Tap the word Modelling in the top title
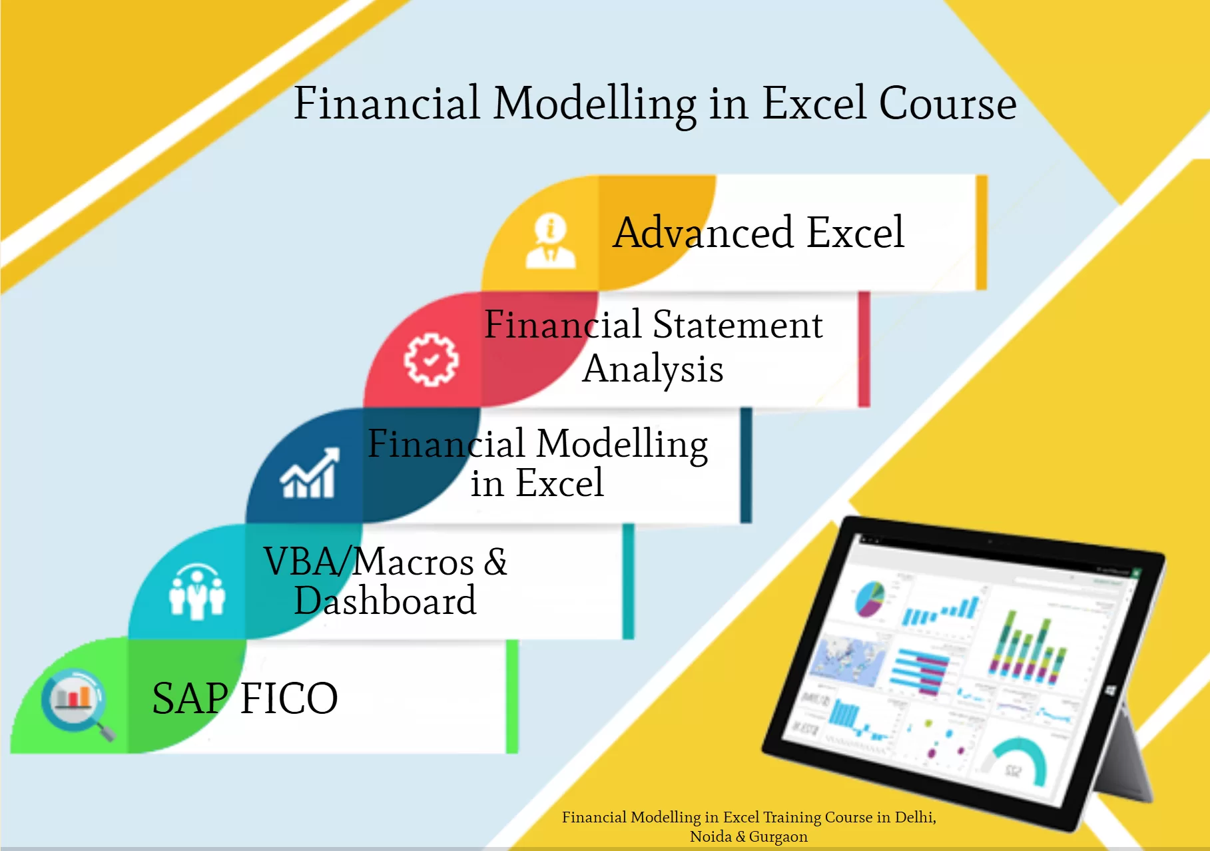point(594,105)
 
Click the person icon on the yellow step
point(551,241)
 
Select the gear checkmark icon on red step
point(431,360)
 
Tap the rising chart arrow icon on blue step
point(310,473)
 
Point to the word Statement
point(737,325)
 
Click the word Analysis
point(653,369)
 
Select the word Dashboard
point(385,601)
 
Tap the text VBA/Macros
point(368,562)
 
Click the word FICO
point(288,699)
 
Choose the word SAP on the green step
point(190,699)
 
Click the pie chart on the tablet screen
point(869,597)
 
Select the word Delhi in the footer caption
point(914,817)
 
